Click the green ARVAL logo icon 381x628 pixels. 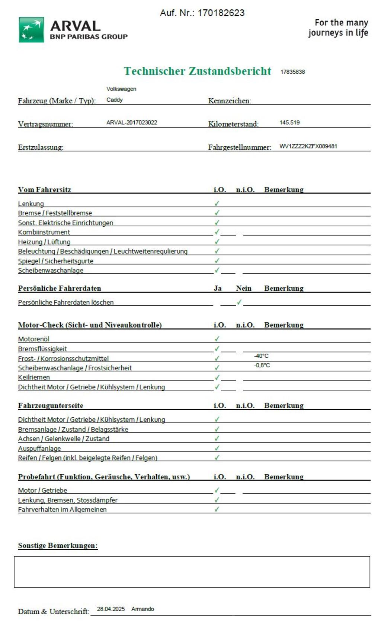pos(31,29)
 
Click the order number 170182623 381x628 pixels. pos(221,13)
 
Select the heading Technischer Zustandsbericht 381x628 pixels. pos(197,71)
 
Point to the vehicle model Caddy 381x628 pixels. pos(114,100)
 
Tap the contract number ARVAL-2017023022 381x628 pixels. pos(132,122)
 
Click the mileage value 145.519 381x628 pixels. pos(289,122)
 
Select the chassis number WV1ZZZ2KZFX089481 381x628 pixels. pos(308,146)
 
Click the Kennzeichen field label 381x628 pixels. pos(229,101)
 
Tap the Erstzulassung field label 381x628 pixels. pos(40,147)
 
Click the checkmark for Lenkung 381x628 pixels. pos(217,203)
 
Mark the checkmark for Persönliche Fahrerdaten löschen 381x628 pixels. pos(239,302)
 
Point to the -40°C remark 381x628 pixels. pos(261,356)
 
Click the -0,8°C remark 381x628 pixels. pos(262,365)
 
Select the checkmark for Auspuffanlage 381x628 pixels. pos(217,448)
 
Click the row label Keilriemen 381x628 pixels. pos(34,377)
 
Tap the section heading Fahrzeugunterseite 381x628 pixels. pos(51,405)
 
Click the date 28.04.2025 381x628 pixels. pos(111,609)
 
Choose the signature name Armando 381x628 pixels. pos(143,609)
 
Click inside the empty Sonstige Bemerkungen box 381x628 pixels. pos(192,572)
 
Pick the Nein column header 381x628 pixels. pos(243,288)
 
